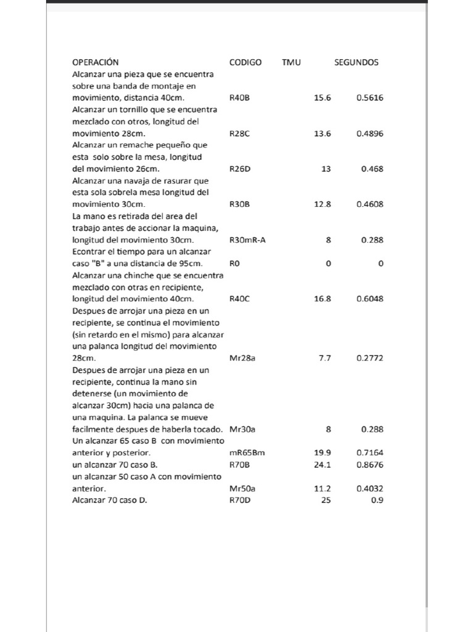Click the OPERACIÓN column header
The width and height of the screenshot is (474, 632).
click(95, 62)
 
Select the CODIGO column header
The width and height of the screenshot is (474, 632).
click(245, 62)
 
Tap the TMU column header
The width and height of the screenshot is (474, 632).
click(291, 62)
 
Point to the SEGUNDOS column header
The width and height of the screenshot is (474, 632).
click(356, 62)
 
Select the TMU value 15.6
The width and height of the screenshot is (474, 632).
click(322, 98)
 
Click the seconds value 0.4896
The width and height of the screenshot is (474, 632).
click(370, 133)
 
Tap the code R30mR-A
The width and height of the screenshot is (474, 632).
click(247, 239)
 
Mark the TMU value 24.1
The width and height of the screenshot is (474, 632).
click(322, 464)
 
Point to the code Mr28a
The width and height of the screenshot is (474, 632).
click(242, 358)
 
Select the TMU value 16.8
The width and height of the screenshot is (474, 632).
click(322, 299)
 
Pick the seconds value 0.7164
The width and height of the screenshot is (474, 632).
click(370, 452)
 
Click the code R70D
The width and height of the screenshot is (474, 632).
click(239, 500)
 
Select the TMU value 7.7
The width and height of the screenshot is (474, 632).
click(325, 358)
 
